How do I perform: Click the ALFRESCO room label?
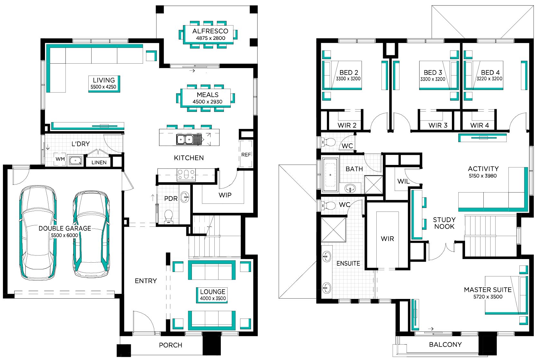point(210,31)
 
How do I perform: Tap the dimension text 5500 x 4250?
point(103,87)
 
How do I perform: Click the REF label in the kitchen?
point(246,155)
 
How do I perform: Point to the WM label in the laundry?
point(60,159)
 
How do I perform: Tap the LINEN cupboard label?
point(99,163)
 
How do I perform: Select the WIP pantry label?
point(225,195)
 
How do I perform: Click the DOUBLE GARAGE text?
point(65,228)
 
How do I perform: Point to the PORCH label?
point(171,345)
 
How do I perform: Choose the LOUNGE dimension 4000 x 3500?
point(213,298)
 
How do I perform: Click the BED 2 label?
point(349,72)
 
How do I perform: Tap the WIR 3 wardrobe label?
point(438,125)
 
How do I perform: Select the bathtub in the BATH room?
point(330,175)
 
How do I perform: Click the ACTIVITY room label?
point(483,169)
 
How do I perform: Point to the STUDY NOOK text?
point(444,223)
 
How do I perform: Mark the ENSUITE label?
point(348,264)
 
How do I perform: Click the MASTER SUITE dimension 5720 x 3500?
point(488,297)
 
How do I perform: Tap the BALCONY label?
point(445,345)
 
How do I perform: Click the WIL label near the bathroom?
point(404,181)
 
